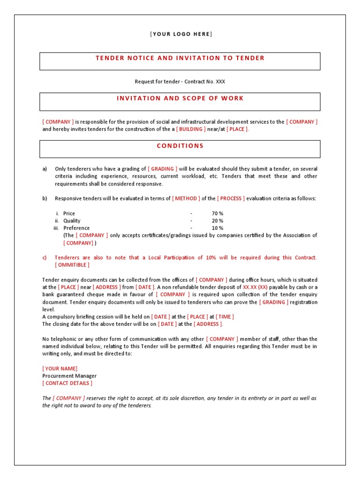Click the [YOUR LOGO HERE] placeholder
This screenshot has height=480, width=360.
180,34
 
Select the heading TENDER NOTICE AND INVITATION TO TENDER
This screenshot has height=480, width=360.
180,58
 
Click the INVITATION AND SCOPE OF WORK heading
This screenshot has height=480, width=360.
180,98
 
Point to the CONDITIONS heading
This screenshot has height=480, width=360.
180,146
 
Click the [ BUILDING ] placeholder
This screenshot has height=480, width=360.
191,129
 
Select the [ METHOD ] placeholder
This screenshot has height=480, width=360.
186,198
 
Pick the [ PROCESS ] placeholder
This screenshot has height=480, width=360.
231,198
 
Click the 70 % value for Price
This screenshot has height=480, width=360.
217,213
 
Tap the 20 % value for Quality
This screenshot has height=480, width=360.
217,221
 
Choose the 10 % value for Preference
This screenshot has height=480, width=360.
217,228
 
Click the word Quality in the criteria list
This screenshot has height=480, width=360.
72,221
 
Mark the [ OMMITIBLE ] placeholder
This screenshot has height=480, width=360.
72,265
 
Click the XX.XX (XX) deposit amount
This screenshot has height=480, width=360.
255,287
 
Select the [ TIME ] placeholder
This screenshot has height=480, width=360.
225,316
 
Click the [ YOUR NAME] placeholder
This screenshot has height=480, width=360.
60,368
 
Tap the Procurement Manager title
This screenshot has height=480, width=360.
69,376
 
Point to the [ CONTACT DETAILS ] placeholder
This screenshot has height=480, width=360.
67,383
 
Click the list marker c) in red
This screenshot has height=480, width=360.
45,257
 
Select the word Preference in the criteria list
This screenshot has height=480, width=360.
76,228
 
